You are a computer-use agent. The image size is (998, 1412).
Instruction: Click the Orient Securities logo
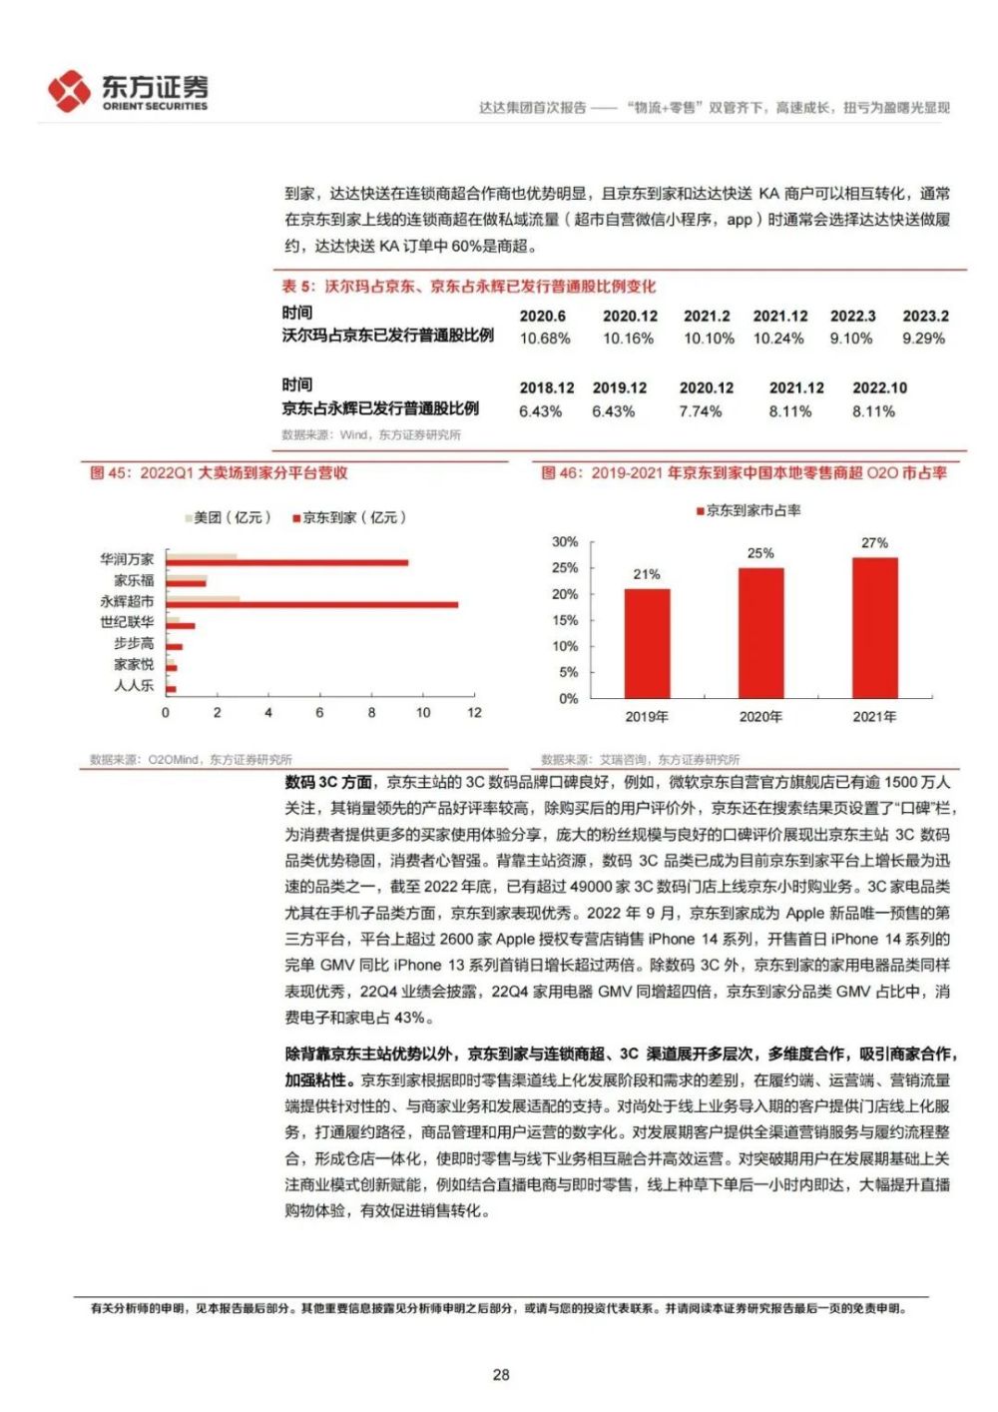127,92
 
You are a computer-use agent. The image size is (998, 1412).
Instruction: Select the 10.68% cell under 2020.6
545,339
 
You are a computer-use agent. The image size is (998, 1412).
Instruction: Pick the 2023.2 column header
925,316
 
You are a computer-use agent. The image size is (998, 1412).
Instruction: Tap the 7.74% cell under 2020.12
701,411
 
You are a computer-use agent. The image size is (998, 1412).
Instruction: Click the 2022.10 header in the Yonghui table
879,387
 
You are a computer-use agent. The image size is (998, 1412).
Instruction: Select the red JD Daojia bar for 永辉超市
312,604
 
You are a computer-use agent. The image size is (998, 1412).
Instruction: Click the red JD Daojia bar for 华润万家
287,562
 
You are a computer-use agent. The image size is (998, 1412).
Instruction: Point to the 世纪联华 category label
127,622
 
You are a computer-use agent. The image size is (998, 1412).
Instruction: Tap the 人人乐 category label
134,685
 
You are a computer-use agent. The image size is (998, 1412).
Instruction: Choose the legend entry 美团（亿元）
229,517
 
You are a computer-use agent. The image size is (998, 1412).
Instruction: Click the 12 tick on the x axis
474,712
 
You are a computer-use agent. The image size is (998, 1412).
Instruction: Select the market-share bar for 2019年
647,643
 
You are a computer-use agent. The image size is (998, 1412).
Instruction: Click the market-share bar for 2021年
874,627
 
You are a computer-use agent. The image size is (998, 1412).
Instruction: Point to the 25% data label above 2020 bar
760,553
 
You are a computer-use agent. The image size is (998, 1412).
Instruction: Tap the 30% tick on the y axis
565,541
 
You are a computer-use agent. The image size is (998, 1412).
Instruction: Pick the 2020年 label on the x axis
760,716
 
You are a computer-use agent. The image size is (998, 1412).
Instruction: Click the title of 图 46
744,472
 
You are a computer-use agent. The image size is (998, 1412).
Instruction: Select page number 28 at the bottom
501,1374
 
